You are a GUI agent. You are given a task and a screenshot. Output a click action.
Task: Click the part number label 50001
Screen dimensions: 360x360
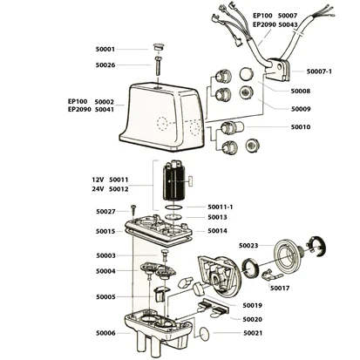click(x=105, y=50)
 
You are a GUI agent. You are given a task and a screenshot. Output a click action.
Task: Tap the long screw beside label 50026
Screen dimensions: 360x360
click(x=158, y=66)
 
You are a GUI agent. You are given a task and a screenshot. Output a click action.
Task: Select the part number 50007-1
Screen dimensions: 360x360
click(x=319, y=71)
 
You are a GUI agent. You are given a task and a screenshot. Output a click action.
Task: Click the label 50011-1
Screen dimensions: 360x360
click(x=221, y=207)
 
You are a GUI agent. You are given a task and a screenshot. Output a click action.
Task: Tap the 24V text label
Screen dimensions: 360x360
click(x=98, y=189)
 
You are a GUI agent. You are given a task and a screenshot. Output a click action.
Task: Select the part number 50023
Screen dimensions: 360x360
click(x=248, y=246)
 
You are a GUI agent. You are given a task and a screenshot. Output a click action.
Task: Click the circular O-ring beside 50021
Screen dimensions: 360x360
click(x=205, y=334)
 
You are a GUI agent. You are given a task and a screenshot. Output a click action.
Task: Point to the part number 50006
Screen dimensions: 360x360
click(x=105, y=333)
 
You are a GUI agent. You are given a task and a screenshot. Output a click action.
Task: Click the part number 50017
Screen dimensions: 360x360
click(x=280, y=289)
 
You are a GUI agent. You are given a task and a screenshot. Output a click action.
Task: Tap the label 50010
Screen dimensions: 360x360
click(x=301, y=127)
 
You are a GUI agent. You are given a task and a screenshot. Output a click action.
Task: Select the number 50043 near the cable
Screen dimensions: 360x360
click(x=288, y=25)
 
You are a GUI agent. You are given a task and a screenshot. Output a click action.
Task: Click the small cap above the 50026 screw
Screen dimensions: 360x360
click(x=159, y=47)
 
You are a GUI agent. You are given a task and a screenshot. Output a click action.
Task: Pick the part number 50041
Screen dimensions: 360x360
click(x=105, y=110)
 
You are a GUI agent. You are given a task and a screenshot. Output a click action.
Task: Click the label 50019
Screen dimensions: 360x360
click(x=253, y=305)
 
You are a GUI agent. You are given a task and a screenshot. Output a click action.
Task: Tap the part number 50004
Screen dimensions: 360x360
click(x=105, y=271)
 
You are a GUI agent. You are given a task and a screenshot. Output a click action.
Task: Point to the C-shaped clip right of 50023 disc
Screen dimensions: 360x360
click(x=316, y=247)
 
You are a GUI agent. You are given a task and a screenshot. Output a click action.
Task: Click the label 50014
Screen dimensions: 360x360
click(x=218, y=231)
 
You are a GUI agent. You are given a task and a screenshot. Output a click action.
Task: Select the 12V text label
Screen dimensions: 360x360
click(x=98, y=180)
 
